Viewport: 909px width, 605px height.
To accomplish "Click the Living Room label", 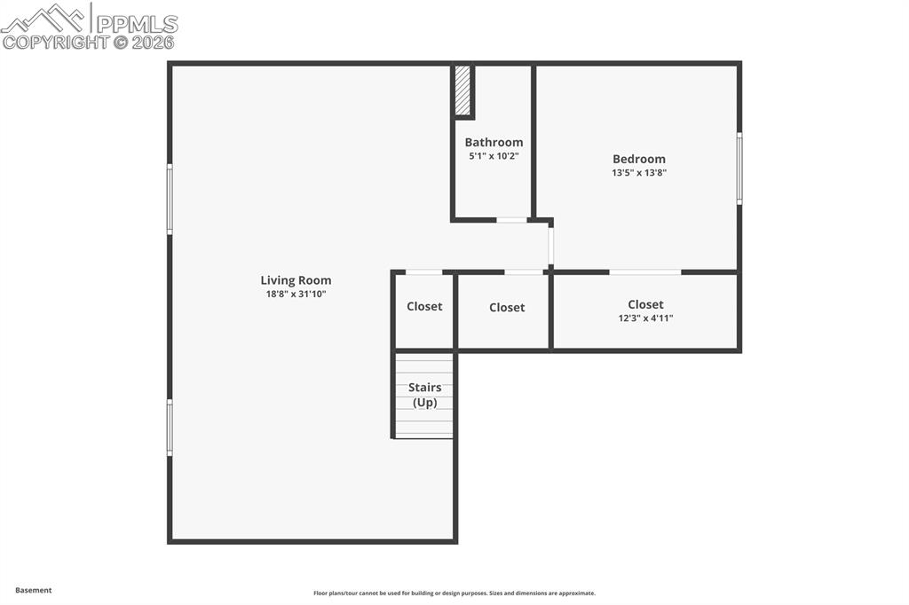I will (x=296, y=280).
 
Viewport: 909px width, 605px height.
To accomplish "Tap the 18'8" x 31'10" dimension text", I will (x=296, y=294).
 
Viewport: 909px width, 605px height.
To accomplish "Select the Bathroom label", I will (x=494, y=142).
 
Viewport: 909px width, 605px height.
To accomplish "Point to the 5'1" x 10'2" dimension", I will (x=494, y=156).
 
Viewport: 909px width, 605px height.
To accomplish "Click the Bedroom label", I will (x=638, y=160).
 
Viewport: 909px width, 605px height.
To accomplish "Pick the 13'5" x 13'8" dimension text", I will (x=638, y=173).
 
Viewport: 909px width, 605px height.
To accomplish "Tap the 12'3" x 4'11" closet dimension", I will (x=645, y=318).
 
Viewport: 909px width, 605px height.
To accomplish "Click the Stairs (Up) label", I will (x=424, y=395).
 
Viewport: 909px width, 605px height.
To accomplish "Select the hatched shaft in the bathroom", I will (x=462, y=90).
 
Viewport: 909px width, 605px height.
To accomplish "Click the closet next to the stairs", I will (x=424, y=307).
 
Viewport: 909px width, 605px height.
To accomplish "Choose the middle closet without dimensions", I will (x=507, y=308).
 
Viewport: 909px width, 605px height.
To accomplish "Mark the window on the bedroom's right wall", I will (x=739, y=169).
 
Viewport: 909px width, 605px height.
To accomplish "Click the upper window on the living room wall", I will (x=170, y=200).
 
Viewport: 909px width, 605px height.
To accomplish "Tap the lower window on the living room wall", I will (x=170, y=428).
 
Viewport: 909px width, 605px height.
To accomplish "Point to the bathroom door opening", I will (x=511, y=219).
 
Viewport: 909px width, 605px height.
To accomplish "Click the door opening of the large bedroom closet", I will (x=645, y=271).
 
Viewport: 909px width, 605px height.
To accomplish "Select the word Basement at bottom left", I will (x=34, y=590).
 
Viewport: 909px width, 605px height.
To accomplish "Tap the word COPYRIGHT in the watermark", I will (x=55, y=42).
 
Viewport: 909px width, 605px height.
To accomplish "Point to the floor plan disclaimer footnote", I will (x=454, y=593).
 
